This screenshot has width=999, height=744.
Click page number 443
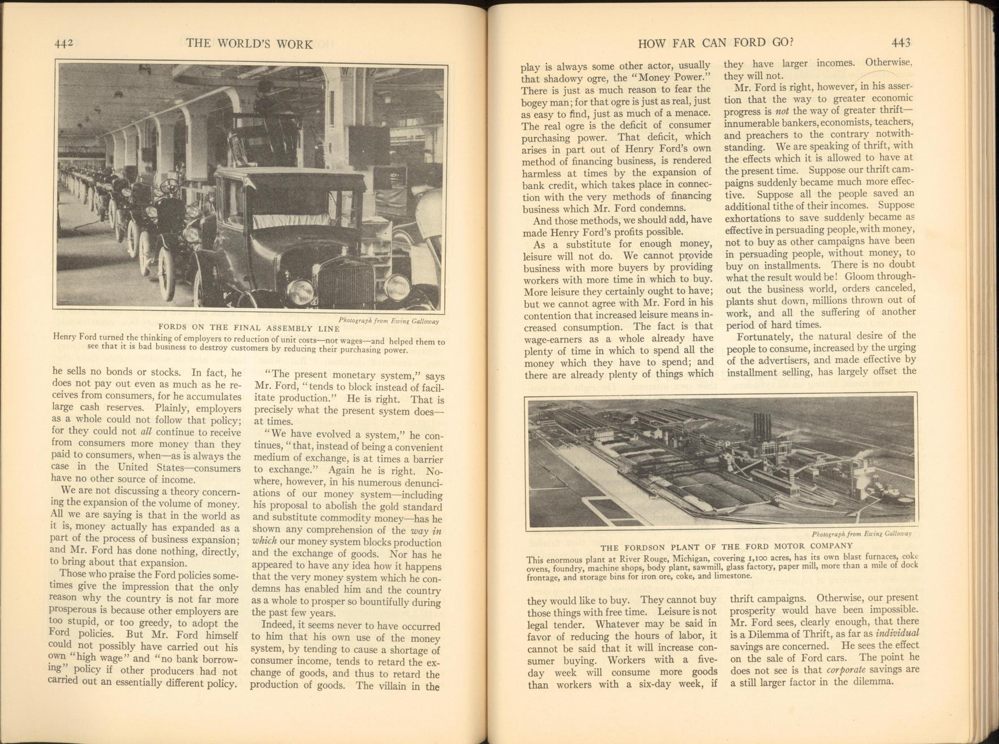(901, 42)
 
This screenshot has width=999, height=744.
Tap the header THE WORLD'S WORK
(249, 44)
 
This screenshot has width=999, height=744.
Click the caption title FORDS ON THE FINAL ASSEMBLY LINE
(248, 328)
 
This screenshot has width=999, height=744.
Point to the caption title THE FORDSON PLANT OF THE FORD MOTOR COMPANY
(726, 546)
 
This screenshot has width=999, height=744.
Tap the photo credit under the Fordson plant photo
(861, 534)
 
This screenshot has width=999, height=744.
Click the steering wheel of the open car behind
(170, 186)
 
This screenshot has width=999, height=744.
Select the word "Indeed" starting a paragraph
(277, 626)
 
